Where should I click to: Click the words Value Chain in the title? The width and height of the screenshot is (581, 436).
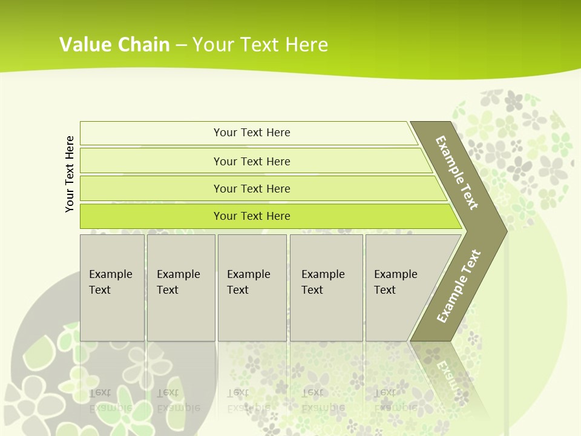pos(114,44)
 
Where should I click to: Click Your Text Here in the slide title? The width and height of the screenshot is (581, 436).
pos(260,44)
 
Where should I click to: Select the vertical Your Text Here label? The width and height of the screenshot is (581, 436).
pos(70,174)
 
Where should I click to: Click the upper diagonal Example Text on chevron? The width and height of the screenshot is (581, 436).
pos(457,173)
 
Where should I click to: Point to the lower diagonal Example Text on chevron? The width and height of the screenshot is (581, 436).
pos(458,286)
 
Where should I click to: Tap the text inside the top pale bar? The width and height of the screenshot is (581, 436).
pos(252,133)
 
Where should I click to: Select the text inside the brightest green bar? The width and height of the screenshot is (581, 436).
pos(252,216)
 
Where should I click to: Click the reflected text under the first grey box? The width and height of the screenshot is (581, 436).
pos(110,400)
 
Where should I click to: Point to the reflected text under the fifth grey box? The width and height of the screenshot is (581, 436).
pos(395,400)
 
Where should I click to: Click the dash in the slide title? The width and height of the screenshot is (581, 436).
pos(181,45)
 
